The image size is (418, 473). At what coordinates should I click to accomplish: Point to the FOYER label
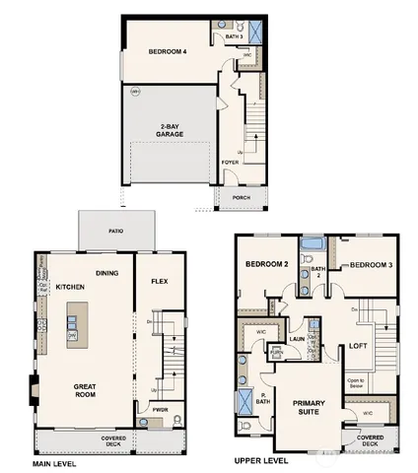tap(230, 163)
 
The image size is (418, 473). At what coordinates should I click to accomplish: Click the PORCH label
tap(241, 196)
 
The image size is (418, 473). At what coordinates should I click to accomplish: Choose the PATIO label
tap(116, 233)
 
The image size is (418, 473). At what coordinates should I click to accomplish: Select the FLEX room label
tap(159, 281)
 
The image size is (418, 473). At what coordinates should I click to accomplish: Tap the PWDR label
tap(159, 407)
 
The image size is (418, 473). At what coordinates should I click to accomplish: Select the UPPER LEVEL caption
tap(260, 461)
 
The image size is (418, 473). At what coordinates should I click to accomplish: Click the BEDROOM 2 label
tap(266, 265)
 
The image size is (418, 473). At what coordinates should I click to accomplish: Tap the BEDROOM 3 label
tap(371, 265)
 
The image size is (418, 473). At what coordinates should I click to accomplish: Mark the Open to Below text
tap(356, 382)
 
